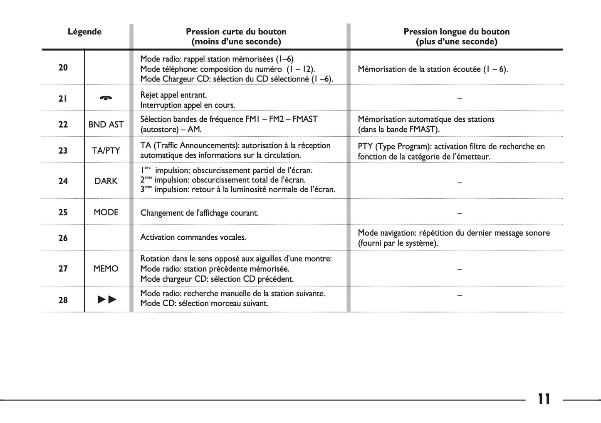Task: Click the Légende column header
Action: [84, 32]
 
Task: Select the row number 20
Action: [63, 68]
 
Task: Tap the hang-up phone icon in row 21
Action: [106, 98]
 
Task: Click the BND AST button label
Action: [106, 124]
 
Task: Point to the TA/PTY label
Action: [106, 150]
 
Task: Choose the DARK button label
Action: [106, 181]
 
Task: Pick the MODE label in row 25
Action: [106, 212]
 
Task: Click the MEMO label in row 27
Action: [106, 269]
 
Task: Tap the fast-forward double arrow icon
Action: [107, 300]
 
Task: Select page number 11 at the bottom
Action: [544, 399]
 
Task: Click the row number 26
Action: [63, 238]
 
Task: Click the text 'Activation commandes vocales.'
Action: [193, 238]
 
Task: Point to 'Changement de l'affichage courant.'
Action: [199, 213]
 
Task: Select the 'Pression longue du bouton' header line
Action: [456, 32]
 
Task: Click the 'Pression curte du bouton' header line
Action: [236, 32]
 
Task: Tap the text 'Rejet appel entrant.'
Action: [173, 95]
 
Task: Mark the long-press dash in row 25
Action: [459, 213]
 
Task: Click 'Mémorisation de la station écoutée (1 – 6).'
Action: [433, 69]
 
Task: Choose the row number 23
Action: [63, 150]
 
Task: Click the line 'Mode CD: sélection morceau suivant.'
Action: [204, 304]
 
